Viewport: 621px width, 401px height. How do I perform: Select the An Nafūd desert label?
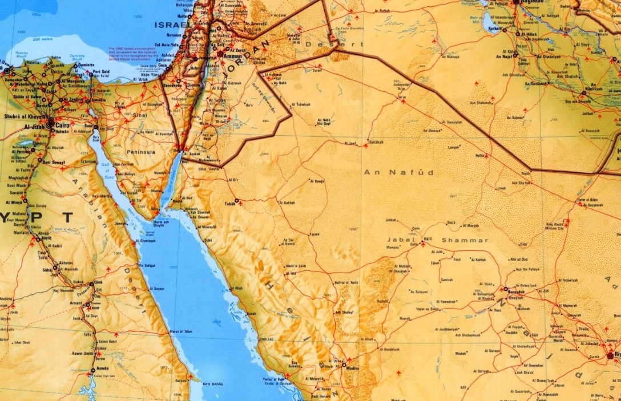(398, 172)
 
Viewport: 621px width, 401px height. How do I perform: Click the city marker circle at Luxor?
(87, 306)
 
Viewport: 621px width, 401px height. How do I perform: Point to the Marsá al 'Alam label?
(182, 331)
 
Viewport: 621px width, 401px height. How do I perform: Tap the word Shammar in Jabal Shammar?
(465, 240)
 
